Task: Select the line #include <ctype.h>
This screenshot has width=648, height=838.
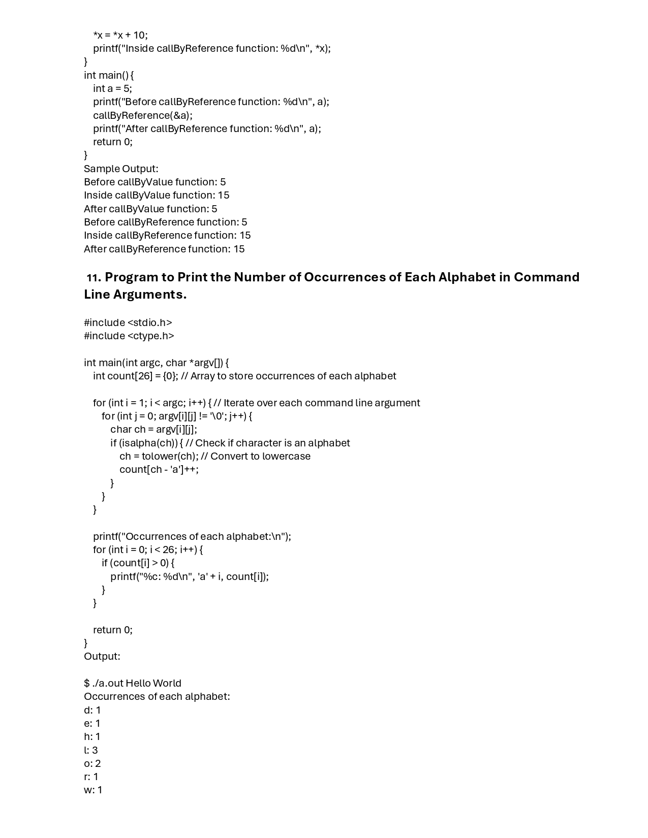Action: pos(129,336)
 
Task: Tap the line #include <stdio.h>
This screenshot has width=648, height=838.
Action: pos(128,323)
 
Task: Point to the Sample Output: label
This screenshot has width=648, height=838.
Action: pos(121,169)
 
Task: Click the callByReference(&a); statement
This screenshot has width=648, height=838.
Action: pos(143,115)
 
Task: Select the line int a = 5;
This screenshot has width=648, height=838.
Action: pos(112,88)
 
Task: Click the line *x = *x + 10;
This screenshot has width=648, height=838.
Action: pos(120,35)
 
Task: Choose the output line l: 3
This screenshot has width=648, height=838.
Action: pos(91,750)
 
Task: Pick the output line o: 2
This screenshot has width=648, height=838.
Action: pos(92,763)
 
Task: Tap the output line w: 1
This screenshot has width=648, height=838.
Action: pos(93,790)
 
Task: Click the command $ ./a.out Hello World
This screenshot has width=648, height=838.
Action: pos(133,683)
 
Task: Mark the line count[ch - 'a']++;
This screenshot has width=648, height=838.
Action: pos(159,469)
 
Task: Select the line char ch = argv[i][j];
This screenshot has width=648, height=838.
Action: pos(153,429)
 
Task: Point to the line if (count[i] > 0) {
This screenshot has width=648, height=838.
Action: pos(138,563)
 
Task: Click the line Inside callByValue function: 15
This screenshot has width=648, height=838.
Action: pos(157,195)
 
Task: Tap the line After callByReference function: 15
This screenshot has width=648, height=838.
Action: pos(164,249)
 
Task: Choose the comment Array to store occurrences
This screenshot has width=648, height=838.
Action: pos(293,376)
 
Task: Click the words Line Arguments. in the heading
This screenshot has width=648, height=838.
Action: pos(135,295)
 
